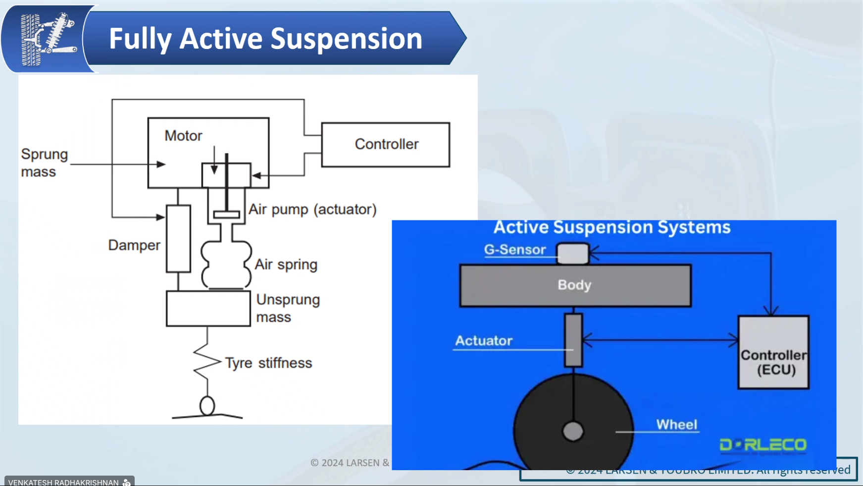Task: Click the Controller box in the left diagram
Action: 386,145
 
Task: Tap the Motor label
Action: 183,136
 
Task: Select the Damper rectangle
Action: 178,239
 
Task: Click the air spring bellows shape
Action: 226,265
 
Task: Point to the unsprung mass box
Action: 208,309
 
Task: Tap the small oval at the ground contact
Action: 207,406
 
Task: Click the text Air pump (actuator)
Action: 312,210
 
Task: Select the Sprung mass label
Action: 44,163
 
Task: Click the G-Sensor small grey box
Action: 573,253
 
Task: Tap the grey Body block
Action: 575,285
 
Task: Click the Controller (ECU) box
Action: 773,352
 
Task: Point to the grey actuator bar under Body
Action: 573,340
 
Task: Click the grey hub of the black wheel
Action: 573,431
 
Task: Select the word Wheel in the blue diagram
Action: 676,425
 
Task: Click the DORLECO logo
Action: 763,445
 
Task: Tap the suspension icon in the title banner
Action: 48,39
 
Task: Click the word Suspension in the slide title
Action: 346,39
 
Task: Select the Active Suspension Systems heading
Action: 612,227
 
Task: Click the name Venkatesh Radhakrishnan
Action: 63,482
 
